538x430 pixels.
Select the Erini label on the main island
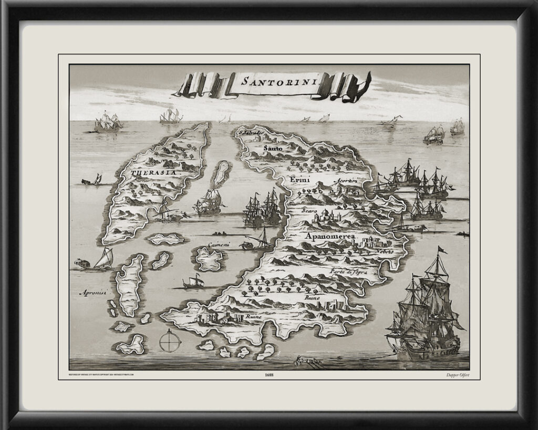pyautogui.click(x=300, y=181)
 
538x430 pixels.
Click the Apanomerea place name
pyautogui.click(x=331, y=237)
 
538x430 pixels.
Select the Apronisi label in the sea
pyautogui.click(x=92, y=293)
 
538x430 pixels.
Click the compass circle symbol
pyautogui.click(x=170, y=341)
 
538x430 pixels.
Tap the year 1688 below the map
pyautogui.click(x=269, y=375)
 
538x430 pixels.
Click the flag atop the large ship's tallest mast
pyautogui.click(x=442, y=250)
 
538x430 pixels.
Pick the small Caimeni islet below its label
pyautogui.click(x=209, y=259)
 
